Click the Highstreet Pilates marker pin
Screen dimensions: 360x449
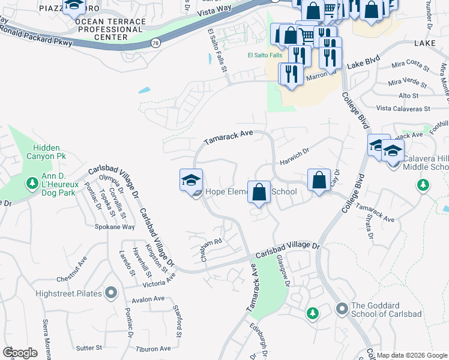[x=110, y=293]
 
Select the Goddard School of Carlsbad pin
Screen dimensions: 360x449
[x=342, y=309]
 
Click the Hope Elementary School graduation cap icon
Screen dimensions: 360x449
[x=191, y=180]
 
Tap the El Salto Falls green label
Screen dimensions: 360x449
[x=265, y=56]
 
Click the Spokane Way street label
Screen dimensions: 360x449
[x=115, y=227]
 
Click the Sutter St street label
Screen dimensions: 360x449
[x=88, y=347]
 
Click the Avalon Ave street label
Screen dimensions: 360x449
[x=149, y=299]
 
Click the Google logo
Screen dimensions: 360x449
[x=20, y=352]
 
